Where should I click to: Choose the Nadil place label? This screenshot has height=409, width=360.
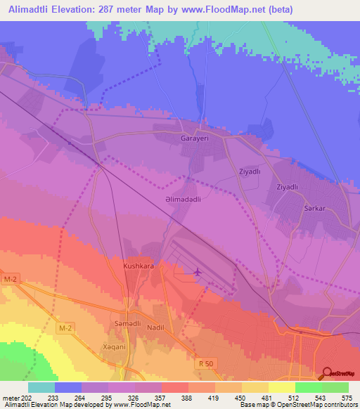pyautogui.click(x=155, y=327)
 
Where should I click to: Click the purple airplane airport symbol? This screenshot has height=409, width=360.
pyautogui.click(x=197, y=271)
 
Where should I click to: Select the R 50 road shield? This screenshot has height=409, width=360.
pyautogui.click(x=204, y=363)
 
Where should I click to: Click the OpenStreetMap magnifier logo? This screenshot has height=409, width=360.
pyautogui.click(x=328, y=375)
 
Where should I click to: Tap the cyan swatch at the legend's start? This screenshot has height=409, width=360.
pyautogui.click(x=41, y=387)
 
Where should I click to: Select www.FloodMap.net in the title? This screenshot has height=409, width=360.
pyautogui.click(x=218, y=9)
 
